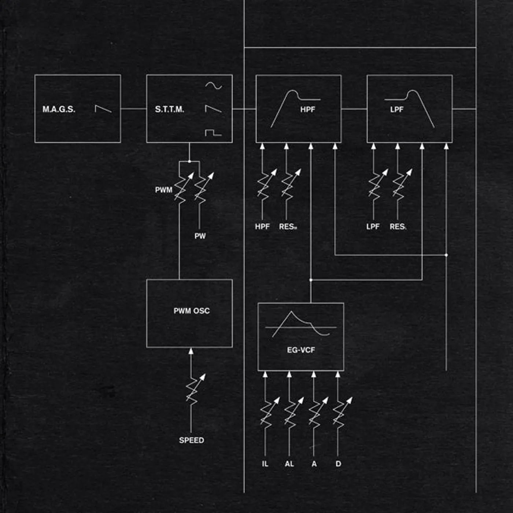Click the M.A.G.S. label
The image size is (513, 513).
point(59,109)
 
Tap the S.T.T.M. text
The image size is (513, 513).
point(169,109)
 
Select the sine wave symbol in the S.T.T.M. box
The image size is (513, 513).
point(213,86)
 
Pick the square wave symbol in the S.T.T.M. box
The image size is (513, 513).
point(213,132)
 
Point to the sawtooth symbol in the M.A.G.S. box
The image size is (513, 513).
point(103,108)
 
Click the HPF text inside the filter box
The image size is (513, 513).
point(307,109)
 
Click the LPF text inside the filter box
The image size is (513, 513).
point(396,109)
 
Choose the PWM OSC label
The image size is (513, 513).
point(192,311)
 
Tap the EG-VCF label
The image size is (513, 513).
point(301,350)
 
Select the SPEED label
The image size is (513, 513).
point(191,440)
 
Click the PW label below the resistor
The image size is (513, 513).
point(200,236)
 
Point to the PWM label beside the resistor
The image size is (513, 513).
point(163,190)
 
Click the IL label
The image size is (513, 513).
point(265,464)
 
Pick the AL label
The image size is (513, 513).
point(289,464)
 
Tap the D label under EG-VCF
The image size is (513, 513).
point(338,464)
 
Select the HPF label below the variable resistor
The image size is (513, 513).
point(262,226)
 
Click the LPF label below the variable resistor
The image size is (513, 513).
point(373,226)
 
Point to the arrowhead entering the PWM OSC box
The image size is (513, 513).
point(191,351)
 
